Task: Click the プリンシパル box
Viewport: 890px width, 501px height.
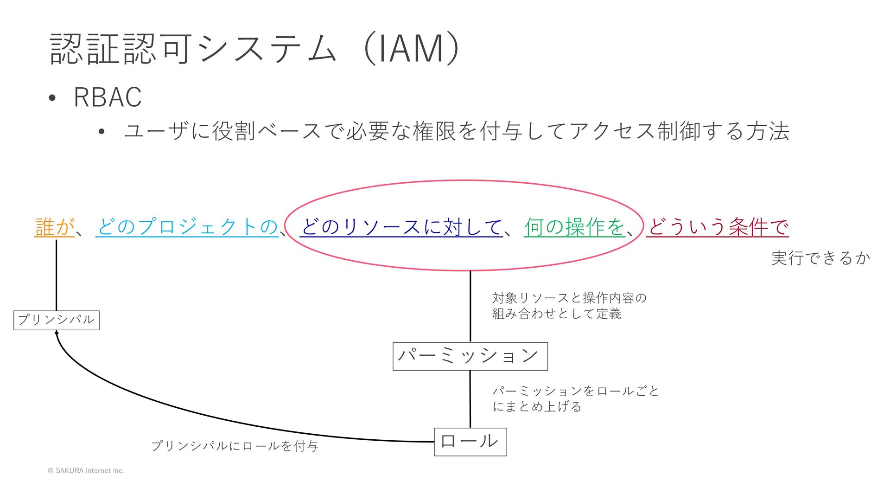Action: [56, 320]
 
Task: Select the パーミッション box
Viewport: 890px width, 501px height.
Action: [470, 356]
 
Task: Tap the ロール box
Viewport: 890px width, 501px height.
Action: [470, 442]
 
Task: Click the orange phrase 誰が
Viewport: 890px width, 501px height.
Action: [54, 227]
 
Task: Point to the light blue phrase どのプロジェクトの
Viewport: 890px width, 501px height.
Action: [187, 227]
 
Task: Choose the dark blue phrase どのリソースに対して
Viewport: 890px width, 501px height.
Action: [401, 227]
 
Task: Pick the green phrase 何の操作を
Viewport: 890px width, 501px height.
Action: [575, 227]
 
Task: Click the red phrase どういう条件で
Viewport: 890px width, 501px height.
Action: [718, 227]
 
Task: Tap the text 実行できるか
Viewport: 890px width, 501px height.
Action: [820, 258]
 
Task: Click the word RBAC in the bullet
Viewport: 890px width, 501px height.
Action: [108, 97]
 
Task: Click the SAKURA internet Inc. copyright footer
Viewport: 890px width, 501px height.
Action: [86, 470]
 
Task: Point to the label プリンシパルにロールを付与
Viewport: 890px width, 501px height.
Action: [235, 446]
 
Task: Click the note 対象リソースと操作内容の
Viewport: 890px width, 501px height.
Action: [569, 298]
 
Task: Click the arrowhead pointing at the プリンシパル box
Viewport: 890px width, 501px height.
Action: [57, 333]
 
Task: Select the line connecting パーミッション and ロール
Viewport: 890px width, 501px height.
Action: [470, 399]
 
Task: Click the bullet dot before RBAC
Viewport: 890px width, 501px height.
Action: [52, 98]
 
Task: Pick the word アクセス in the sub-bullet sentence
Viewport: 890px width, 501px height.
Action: [612, 131]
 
